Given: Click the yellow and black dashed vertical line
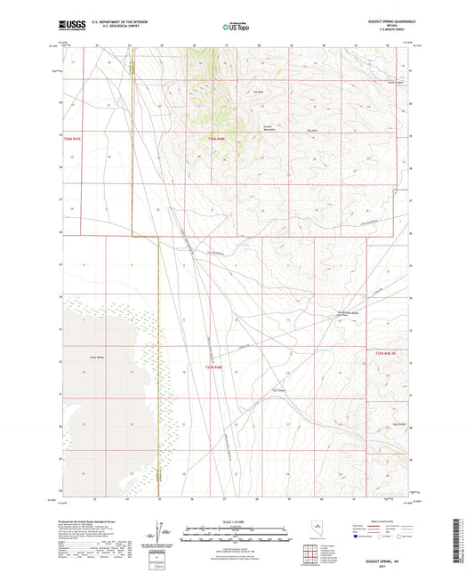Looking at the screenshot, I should pyautogui.click(x=159, y=356).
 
